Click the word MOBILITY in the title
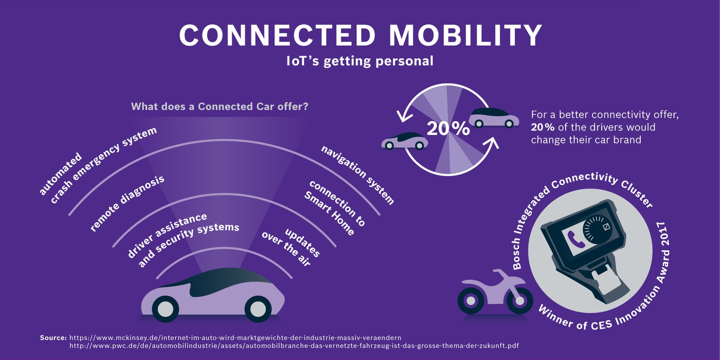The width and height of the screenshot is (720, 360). pyautogui.click(x=465, y=35)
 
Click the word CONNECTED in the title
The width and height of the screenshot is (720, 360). pyautogui.click(x=277, y=35)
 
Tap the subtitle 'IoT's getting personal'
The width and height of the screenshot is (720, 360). pyautogui.click(x=360, y=61)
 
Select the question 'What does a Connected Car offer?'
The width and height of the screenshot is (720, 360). pyautogui.click(x=220, y=107)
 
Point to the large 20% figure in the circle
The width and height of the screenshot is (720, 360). pyautogui.click(x=448, y=129)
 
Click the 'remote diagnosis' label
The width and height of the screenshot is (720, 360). pyautogui.click(x=127, y=203)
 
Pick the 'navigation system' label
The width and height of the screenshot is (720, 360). pyautogui.click(x=357, y=175)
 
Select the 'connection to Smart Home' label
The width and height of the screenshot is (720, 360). pyautogui.click(x=334, y=207)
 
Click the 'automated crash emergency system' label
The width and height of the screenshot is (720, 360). pyautogui.click(x=98, y=165)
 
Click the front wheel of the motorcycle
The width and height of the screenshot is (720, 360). pyautogui.click(x=520, y=300)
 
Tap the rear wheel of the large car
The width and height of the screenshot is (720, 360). pyautogui.click(x=165, y=309)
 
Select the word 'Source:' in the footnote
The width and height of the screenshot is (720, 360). pyautogui.click(x=53, y=337)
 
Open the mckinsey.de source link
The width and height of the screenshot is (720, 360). pyautogui.click(x=235, y=337)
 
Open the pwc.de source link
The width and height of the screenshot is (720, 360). pyautogui.click(x=294, y=346)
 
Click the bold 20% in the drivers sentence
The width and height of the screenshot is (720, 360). pyautogui.click(x=542, y=127)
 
